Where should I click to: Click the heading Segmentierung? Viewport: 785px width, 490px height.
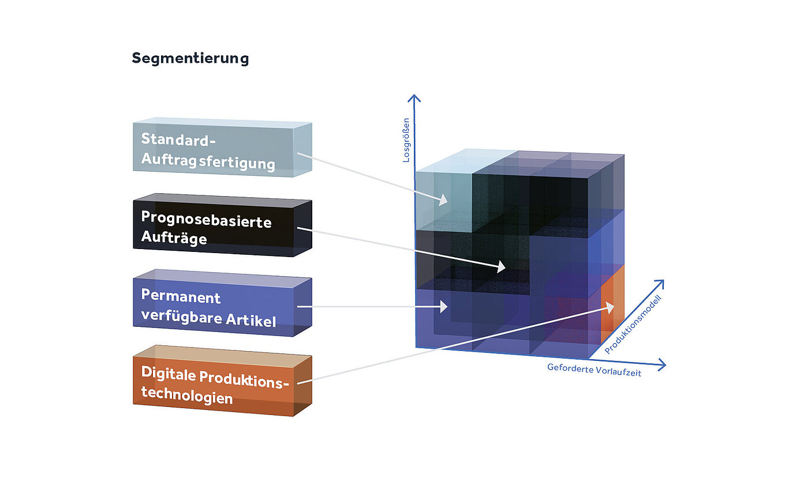tap(190, 58)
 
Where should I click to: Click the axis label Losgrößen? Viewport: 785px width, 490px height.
tap(406, 140)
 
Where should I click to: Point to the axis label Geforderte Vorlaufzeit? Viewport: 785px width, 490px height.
tap(594, 370)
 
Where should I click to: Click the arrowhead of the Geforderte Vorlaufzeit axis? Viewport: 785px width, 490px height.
tap(661, 364)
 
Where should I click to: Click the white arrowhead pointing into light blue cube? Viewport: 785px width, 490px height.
tap(444, 200)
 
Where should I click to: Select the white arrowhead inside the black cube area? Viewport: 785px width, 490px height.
tap(500, 267)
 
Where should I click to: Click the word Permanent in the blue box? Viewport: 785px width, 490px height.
tap(181, 297)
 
